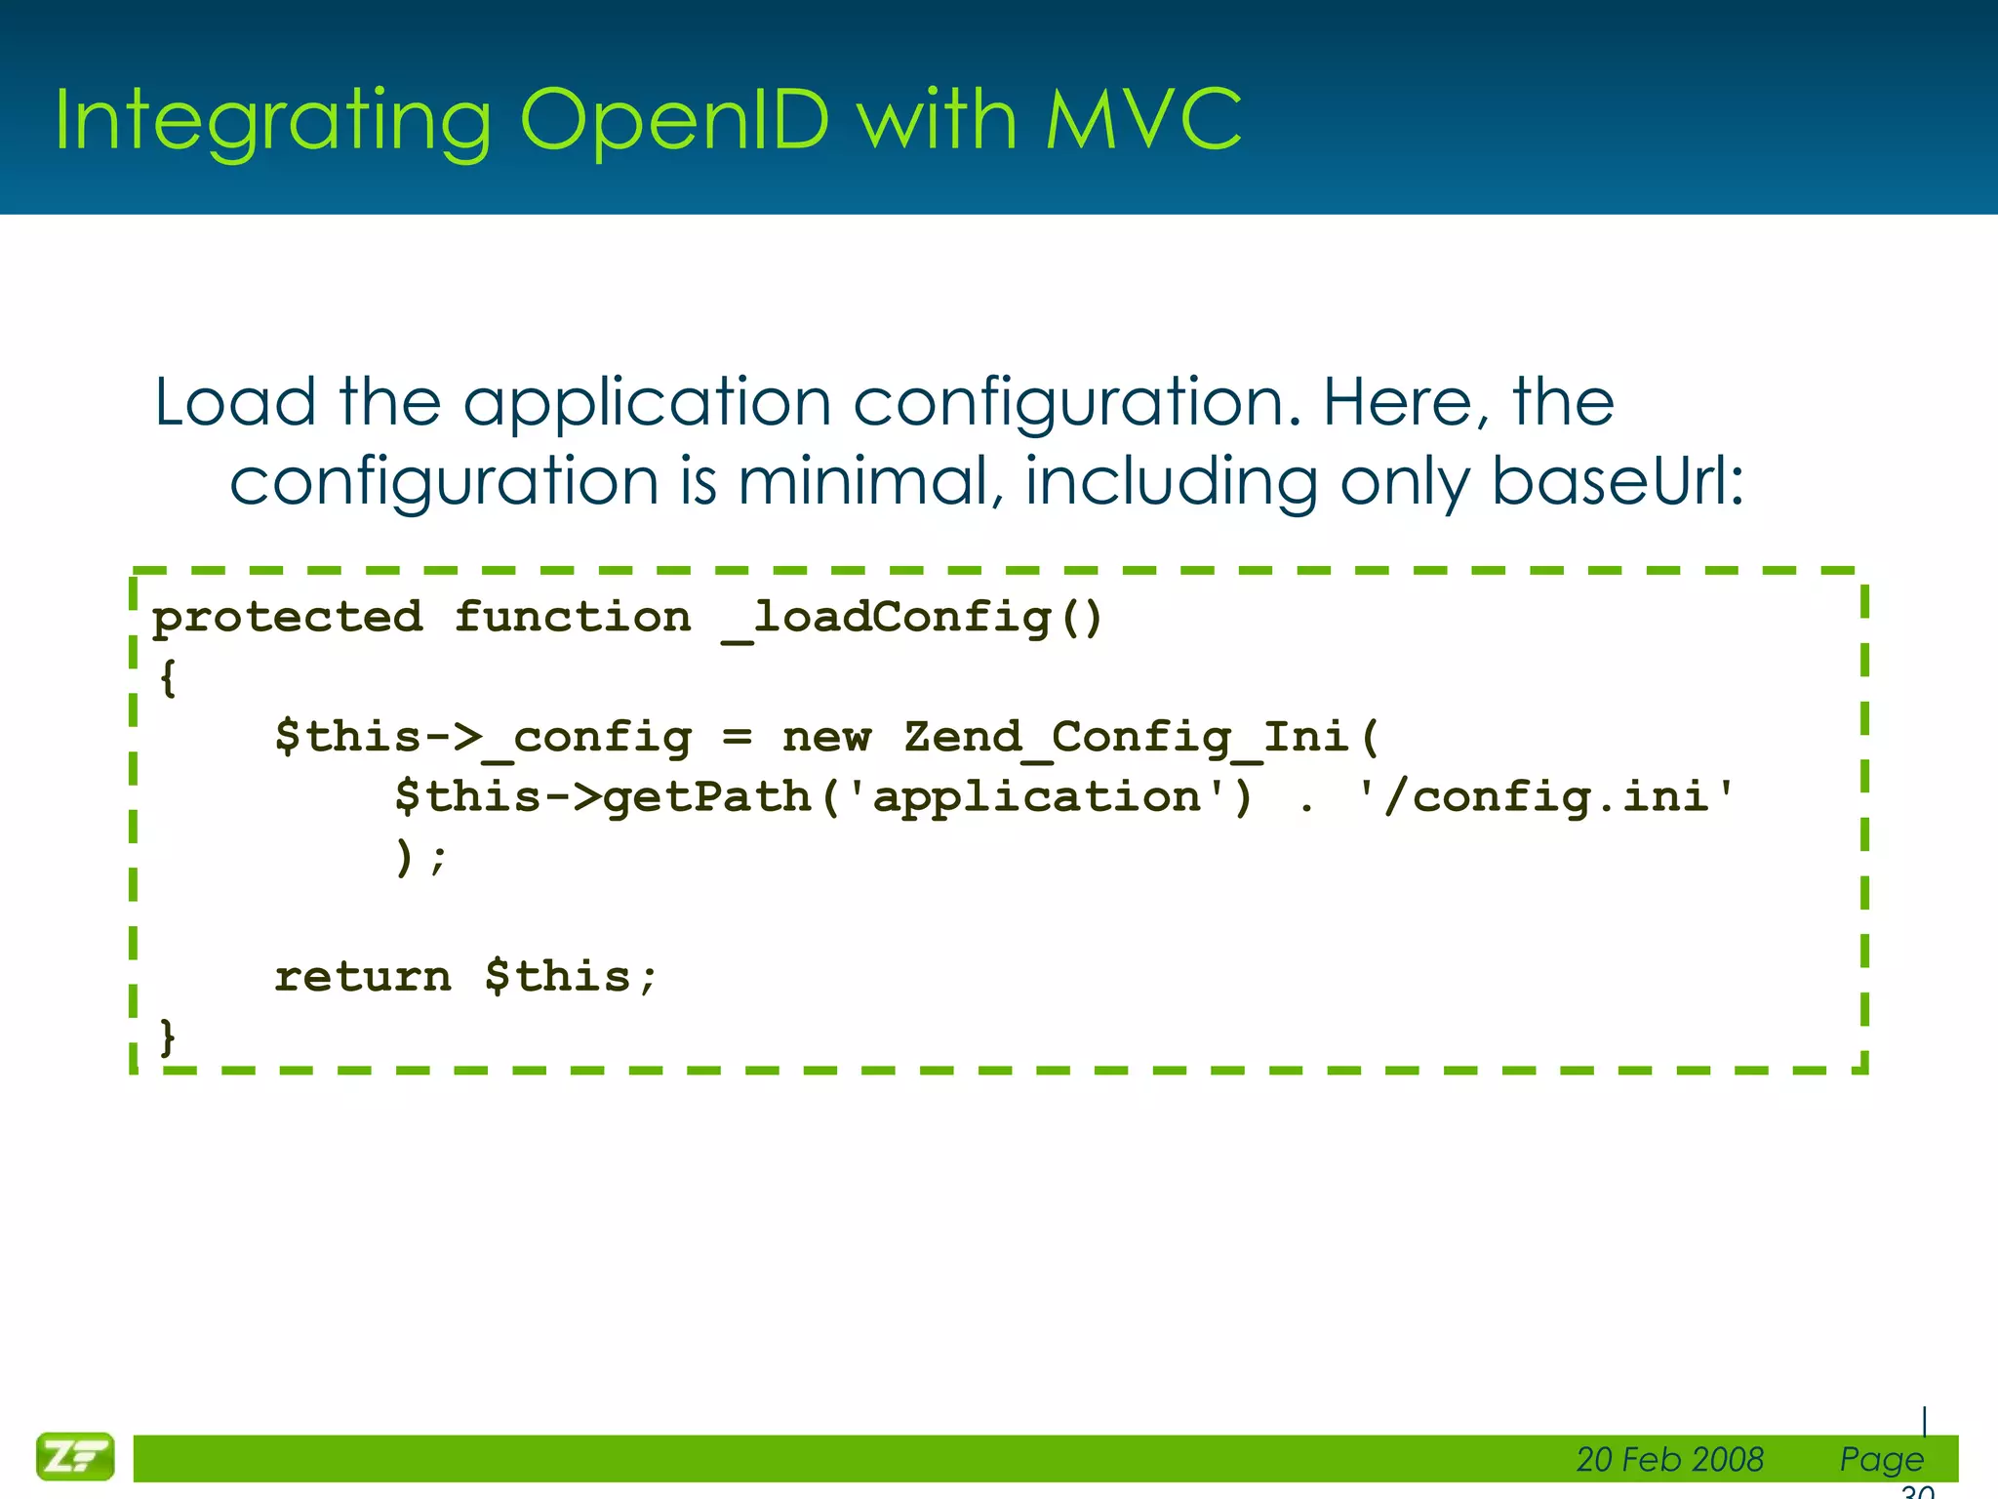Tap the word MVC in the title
tap(1143, 120)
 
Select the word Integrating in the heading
tap(272, 122)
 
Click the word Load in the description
tap(235, 402)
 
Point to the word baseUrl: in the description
tap(1618, 482)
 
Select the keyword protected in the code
tap(288, 618)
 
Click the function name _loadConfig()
tap(913, 618)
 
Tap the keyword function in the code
tap(573, 618)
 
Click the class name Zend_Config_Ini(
tap(1141, 738)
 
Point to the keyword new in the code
tap(826, 738)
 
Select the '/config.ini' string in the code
tap(1547, 797)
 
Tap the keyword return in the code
tap(363, 977)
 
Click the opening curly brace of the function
tap(168, 677)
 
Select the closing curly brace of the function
tap(168, 1036)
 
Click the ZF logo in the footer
tap(75, 1457)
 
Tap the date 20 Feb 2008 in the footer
tap(1669, 1459)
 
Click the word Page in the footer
tap(1881, 1459)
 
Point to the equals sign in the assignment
tap(738, 738)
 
